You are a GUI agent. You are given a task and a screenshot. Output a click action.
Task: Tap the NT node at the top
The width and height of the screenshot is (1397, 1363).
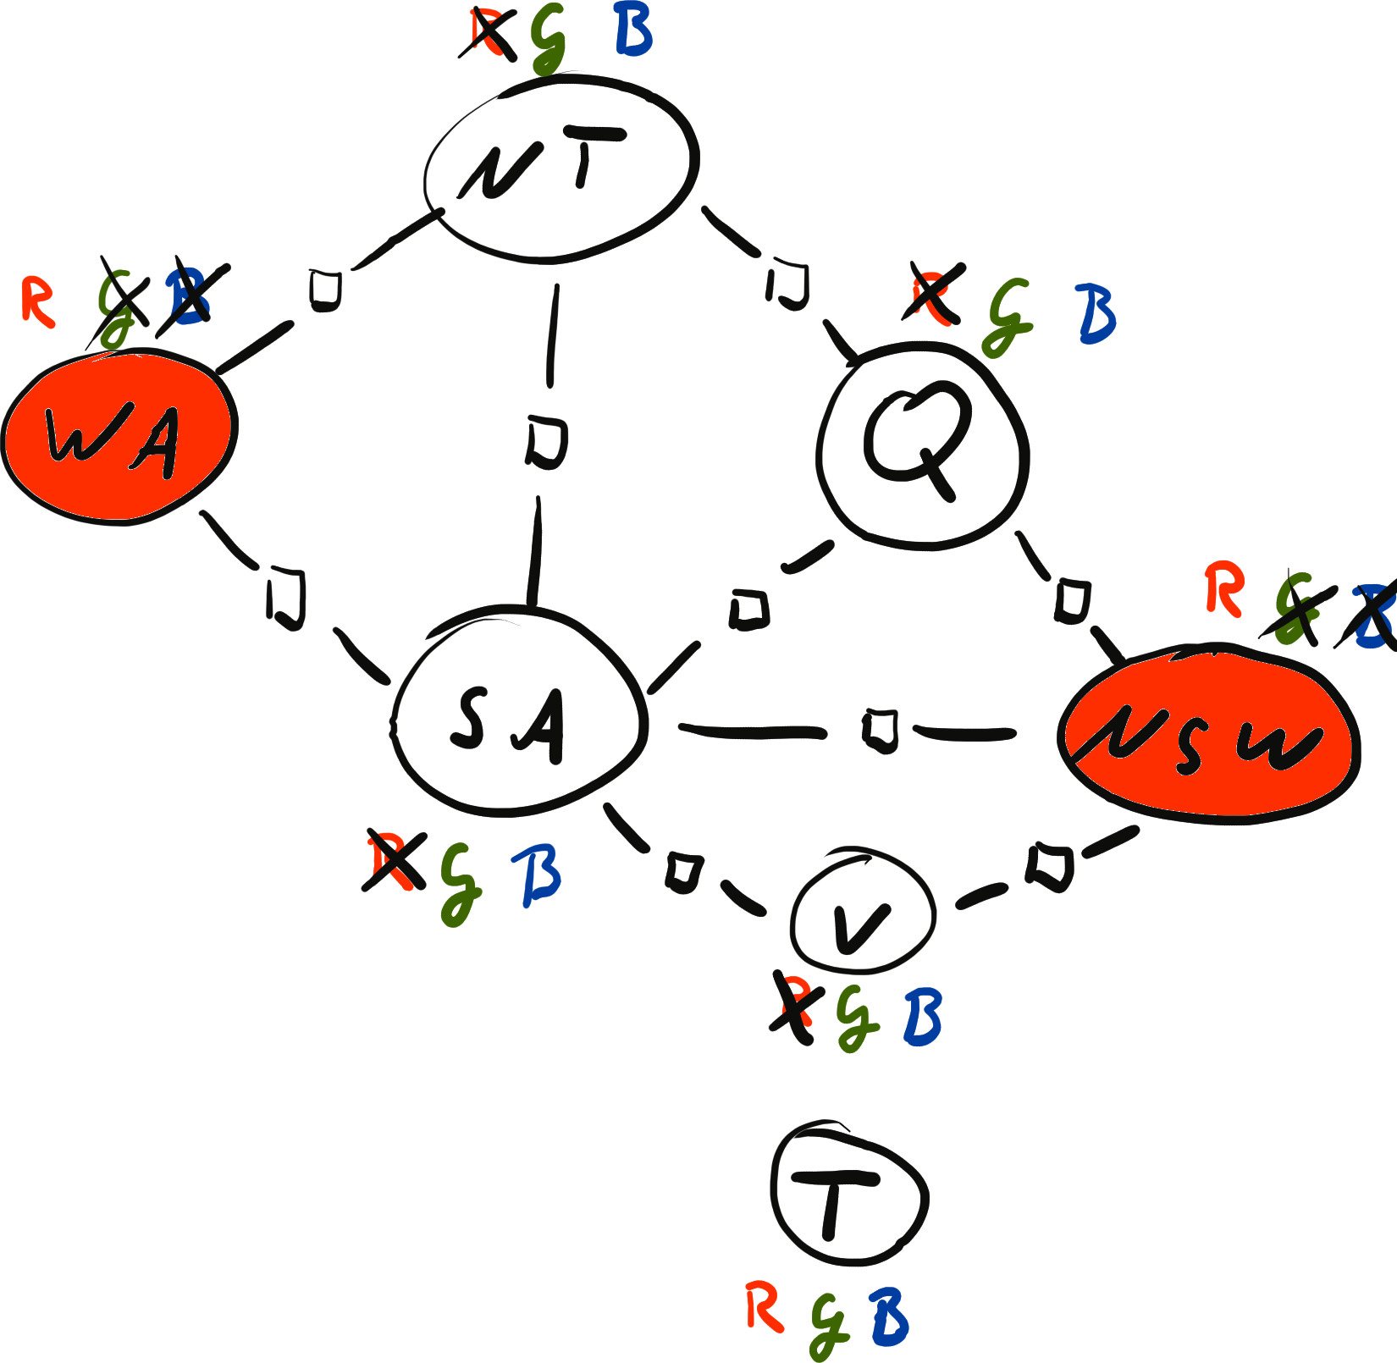(560, 167)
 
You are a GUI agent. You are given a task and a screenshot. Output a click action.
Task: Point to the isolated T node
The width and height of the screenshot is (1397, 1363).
(848, 1194)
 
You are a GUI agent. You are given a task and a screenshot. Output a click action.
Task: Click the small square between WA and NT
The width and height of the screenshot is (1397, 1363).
(324, 289)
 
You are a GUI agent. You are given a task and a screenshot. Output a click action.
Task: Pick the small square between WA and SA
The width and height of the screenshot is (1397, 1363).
(286, 599)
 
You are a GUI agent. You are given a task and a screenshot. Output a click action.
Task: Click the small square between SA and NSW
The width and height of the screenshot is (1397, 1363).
(881, 731)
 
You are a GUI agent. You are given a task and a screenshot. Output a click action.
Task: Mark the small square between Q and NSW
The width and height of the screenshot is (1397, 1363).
(1072, 601)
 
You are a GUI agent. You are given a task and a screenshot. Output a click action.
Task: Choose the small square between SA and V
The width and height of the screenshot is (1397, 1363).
(683, 872)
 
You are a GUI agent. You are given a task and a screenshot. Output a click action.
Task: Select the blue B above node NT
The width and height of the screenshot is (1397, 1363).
(633, 32)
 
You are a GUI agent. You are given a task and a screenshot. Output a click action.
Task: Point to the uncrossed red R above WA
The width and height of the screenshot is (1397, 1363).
(38, 301)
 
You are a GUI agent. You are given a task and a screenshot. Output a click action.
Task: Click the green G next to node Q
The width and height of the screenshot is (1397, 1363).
(1008, 317)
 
